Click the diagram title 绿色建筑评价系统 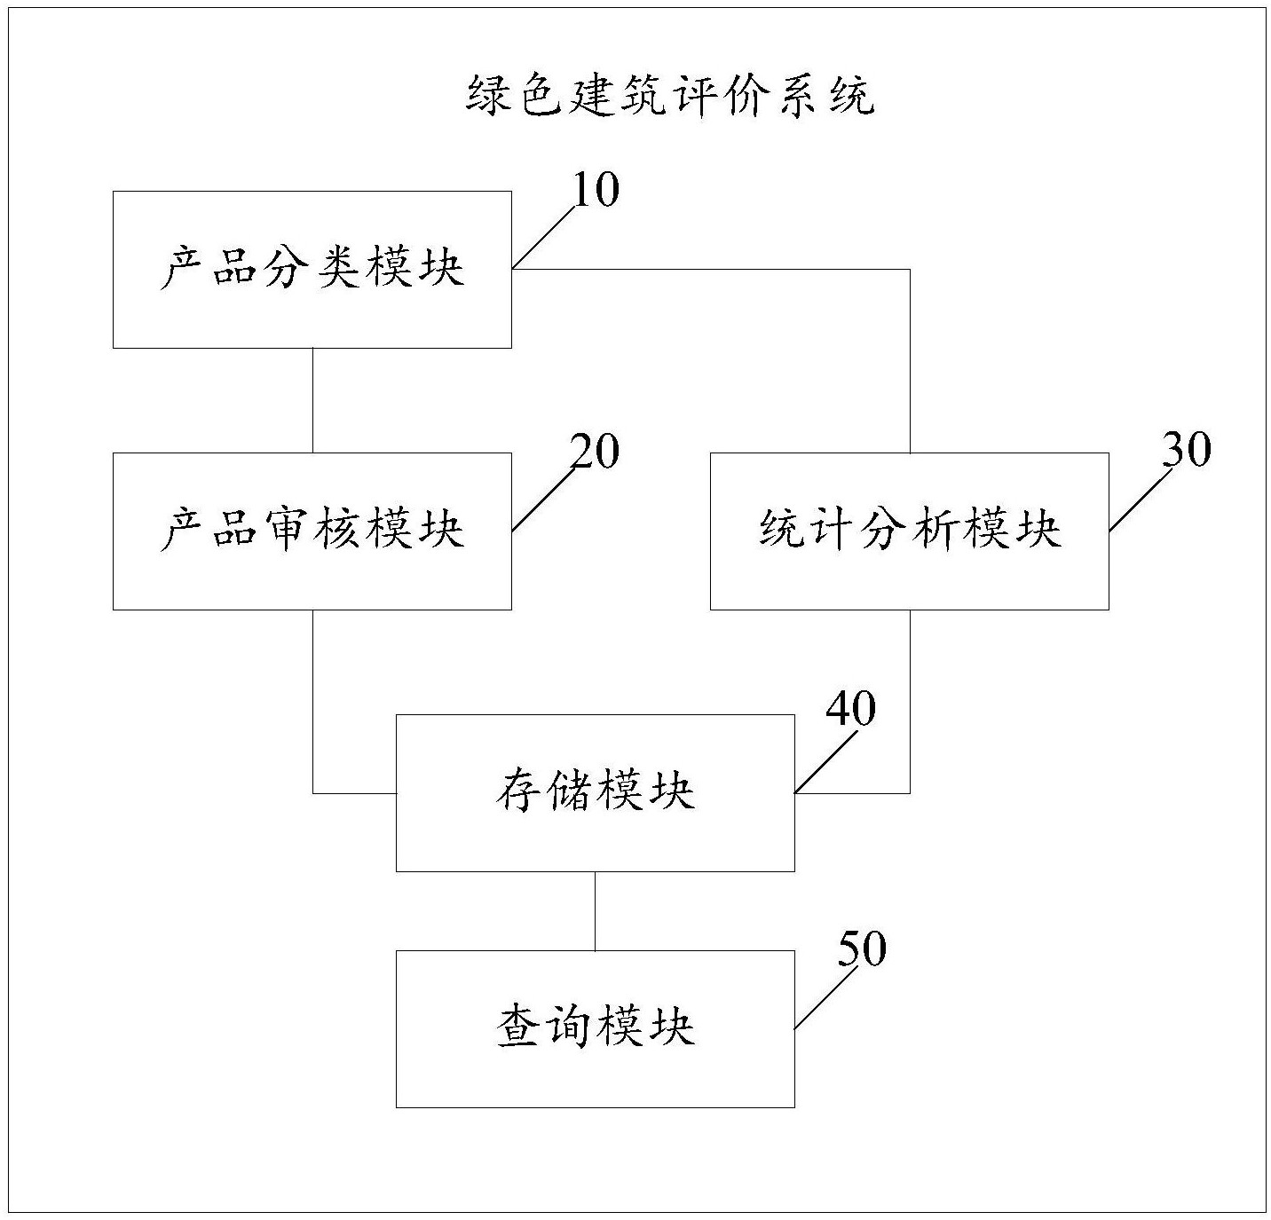point(670,96)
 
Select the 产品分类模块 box point(312,269)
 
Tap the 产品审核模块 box point(312,531)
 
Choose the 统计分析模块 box point(909,531)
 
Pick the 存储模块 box point(595,792)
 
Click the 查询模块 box point(595,1028)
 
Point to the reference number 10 point(596,190)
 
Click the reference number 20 point(596,452)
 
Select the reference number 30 point(1187,450)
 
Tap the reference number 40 point(850,709)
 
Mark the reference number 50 point(862,949)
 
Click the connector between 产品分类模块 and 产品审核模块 point(312,400)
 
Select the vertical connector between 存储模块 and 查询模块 point(595,911)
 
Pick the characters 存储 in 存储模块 point(544,792)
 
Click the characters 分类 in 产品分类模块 point(312,269)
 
